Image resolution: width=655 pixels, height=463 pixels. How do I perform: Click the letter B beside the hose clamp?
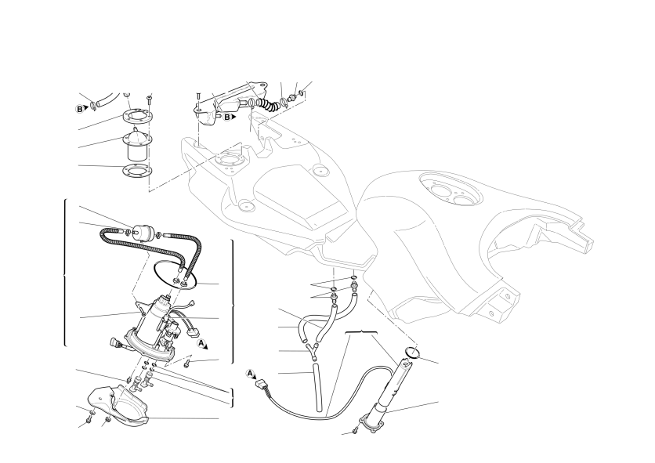79,109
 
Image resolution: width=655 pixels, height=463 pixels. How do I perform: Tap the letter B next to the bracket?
227,118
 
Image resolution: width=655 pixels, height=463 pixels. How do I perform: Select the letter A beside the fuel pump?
201,343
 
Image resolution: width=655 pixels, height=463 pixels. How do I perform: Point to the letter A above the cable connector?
250,373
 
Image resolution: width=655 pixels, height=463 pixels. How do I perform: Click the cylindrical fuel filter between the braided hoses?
141,232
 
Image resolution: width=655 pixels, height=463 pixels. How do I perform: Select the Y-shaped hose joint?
313,350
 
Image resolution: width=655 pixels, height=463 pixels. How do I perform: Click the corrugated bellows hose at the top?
267,104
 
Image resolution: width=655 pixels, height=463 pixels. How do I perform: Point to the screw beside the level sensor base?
356,429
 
